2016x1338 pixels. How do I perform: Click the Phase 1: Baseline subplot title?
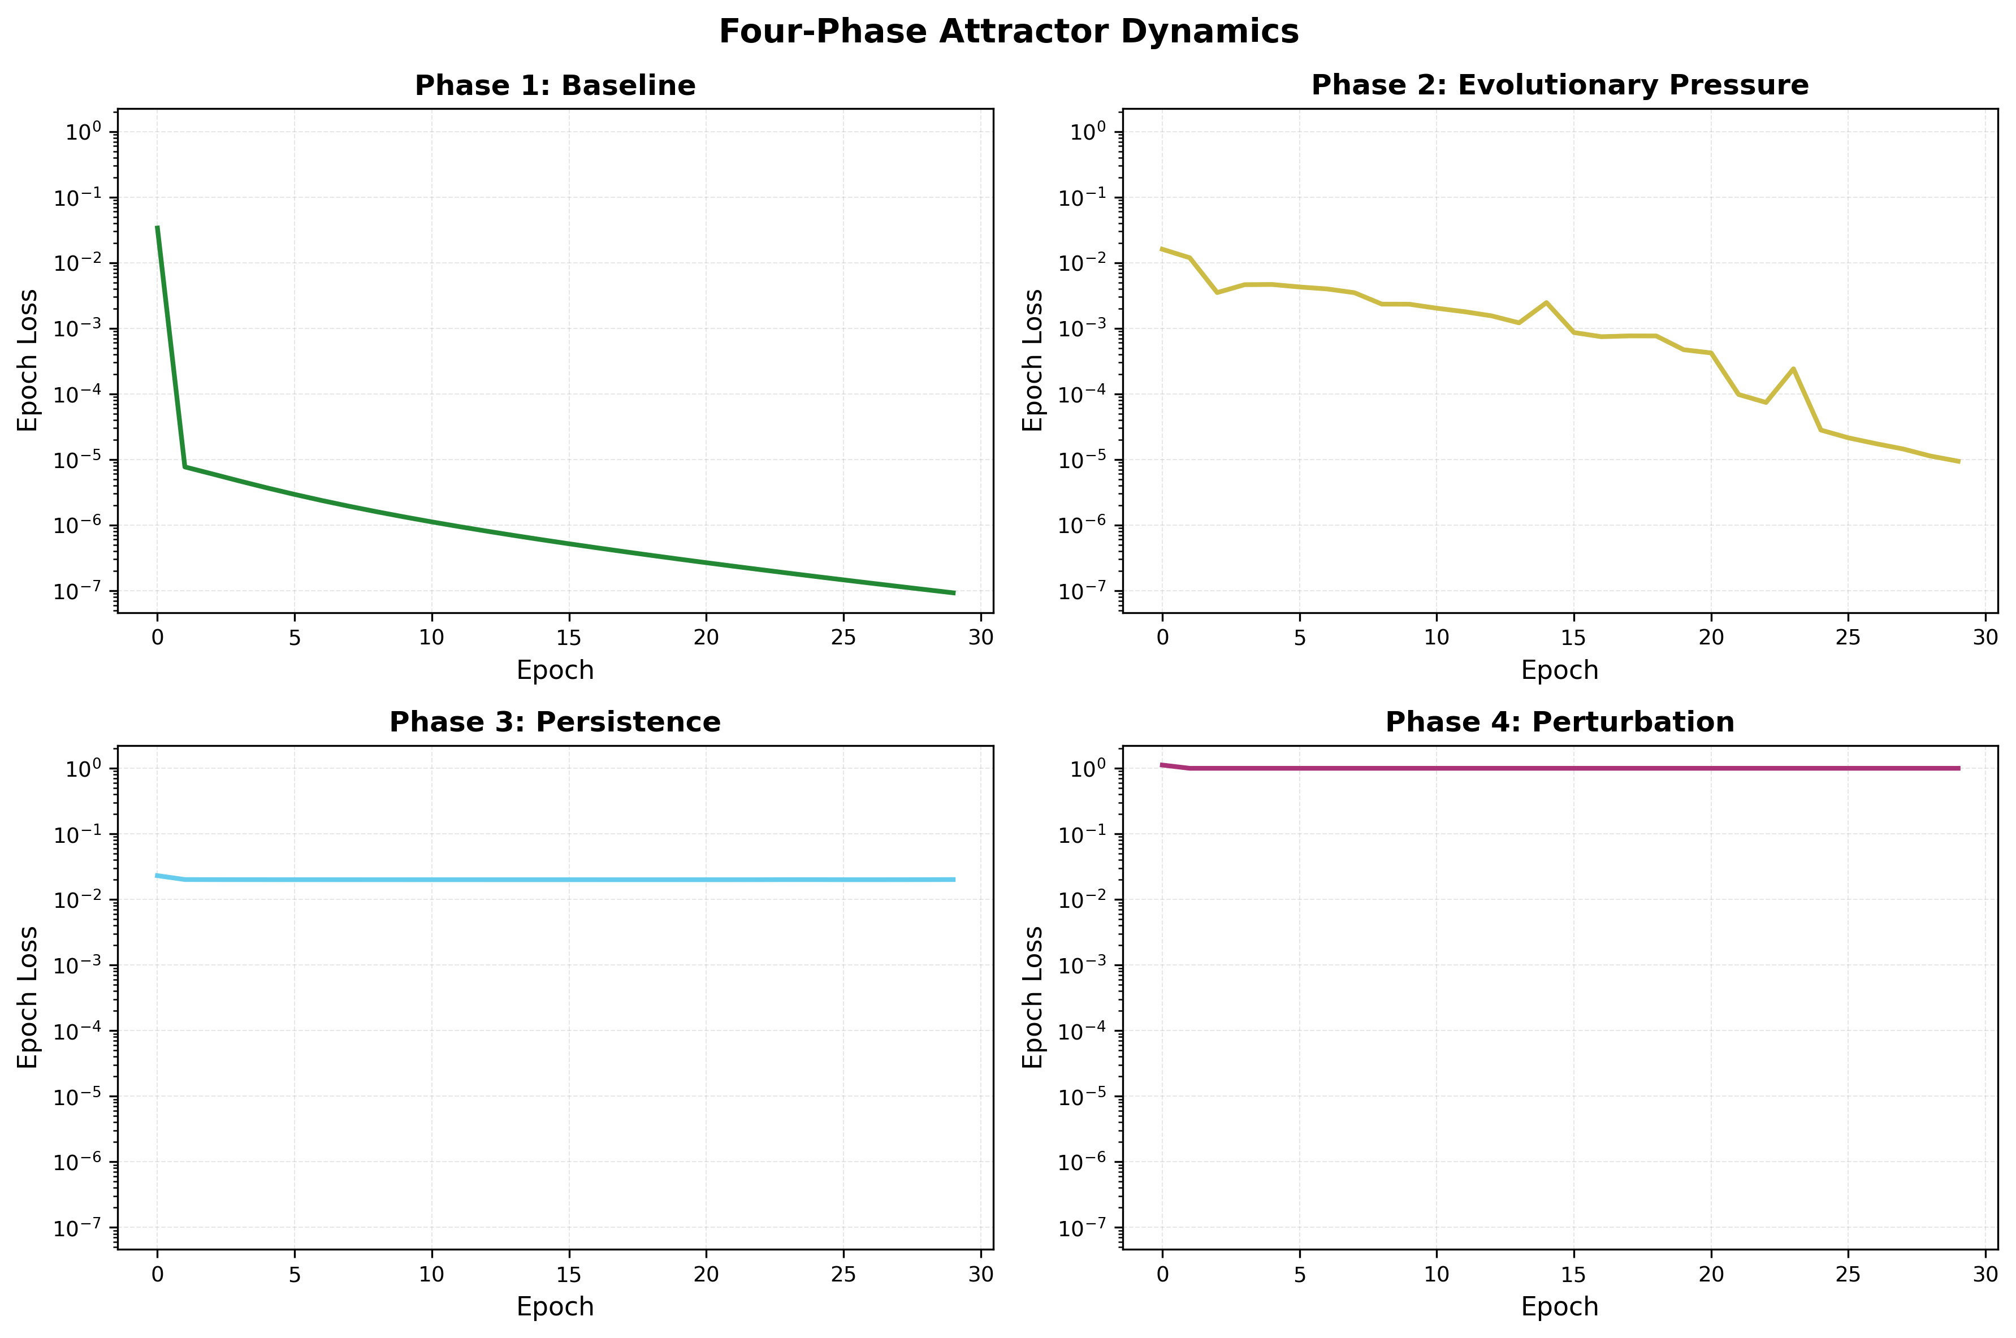coord(555,85)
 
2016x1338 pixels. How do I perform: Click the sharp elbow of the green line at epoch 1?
coord(185,467)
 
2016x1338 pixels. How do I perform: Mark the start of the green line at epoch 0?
coord(158,228)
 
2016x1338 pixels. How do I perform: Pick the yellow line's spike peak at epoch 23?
coord(1793,369)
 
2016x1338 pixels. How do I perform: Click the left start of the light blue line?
coord(158,876)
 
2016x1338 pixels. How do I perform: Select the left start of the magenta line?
coord(1162,765)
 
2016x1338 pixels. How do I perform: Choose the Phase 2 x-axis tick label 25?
coord(1848,638)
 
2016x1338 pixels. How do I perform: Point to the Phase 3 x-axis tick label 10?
coord(432,1274)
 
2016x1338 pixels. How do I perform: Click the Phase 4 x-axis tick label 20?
coord(1711,1274)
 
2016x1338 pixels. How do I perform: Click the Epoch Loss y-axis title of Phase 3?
coord(28,997)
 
